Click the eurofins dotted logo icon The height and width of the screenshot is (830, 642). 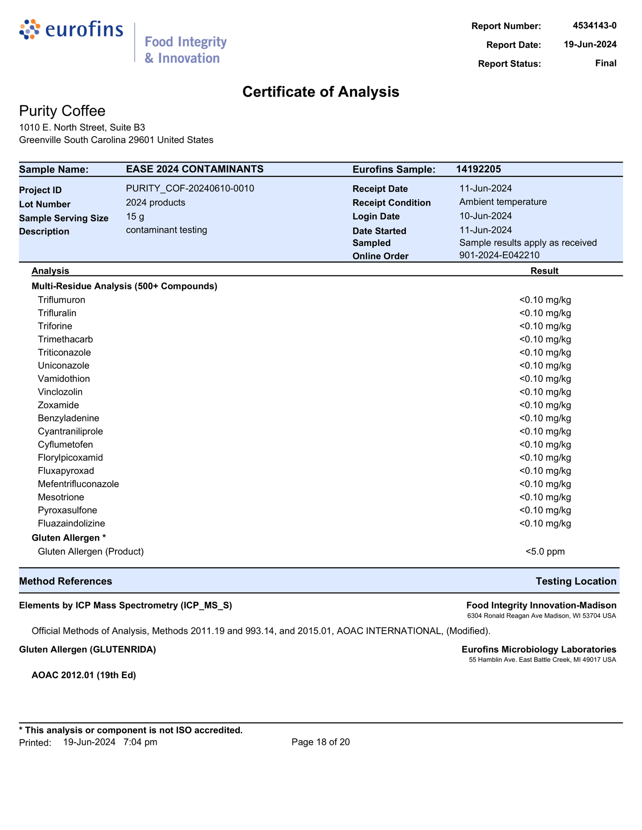tap(30, 30)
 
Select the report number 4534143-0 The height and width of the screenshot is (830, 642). tap(594, 26)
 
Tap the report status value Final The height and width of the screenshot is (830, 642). tap(605, 63)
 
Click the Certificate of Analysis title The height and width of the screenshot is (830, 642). tap(320, 92)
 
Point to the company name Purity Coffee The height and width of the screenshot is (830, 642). tap(62, 111)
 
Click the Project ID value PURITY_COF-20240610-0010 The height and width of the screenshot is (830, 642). tap(190, 188)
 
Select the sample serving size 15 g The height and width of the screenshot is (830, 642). tap(135, 216)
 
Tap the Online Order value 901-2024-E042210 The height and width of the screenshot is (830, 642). tap(499, 255)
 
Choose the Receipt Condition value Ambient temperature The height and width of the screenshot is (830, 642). tap(502, 202)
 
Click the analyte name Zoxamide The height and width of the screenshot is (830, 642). tap(58, 405)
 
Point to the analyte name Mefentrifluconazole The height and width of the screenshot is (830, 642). tap(78, 484)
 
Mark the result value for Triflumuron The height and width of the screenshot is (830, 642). tap(545, 300)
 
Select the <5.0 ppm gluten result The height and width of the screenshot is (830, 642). tap(545, 552)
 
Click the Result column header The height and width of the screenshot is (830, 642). tap(544, 271)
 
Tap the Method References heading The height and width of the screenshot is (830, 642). tap(66, 581)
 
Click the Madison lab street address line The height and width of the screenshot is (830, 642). tap(541, 616)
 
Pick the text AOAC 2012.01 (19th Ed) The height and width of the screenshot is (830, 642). tap(84, 675)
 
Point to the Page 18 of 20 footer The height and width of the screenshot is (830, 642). tap(320, 742)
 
